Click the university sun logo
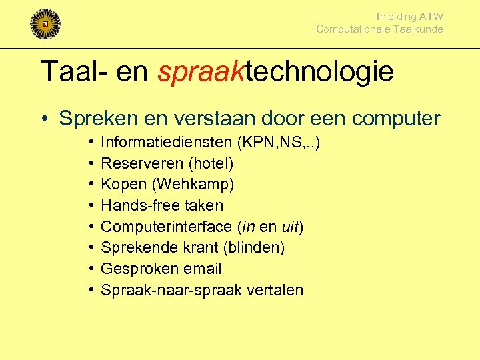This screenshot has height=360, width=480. click(x=45, y=24)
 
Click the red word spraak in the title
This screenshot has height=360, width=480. click(x=201, y=71)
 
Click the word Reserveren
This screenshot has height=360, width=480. click(x=142, y=163)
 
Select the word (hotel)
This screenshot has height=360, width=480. click(x=211, y=163)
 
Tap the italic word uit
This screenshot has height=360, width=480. click(x=291, y=227)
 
